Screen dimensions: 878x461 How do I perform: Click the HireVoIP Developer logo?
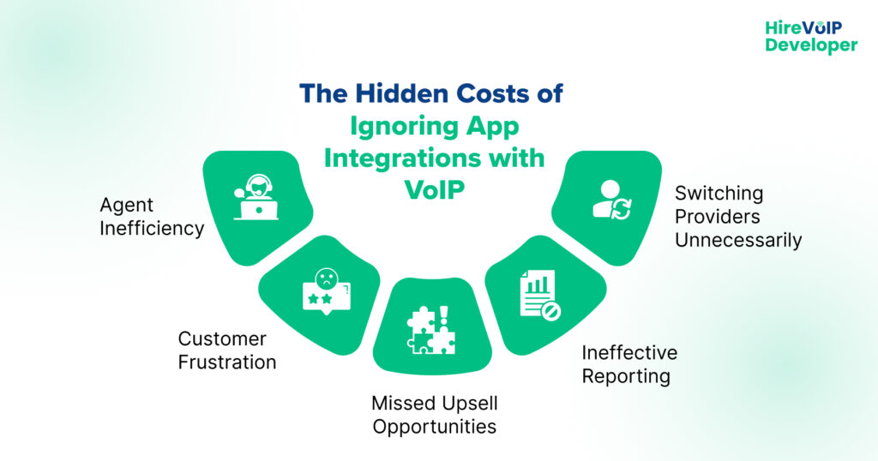coord(811,37)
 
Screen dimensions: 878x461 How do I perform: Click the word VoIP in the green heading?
coord(435,190)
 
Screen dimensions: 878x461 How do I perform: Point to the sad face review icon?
coord(327,292)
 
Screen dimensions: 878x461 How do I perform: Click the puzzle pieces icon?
coord(431,330)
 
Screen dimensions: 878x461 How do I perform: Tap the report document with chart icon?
coord(540,295)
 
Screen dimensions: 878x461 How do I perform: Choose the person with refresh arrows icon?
coord(612,200)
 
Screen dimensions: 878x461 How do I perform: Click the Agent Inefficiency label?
coord(152,217)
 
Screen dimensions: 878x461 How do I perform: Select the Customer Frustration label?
coord(226,350)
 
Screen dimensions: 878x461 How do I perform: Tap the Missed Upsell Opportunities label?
coord(435,415)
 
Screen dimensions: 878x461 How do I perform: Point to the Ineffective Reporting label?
coord(629,364)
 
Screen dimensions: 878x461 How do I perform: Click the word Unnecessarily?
coord(738,240)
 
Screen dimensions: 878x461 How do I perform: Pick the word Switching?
coord(719,194)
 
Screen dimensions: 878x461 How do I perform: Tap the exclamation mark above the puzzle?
coord(444,315)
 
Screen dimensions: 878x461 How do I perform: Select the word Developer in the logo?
coord(811,46)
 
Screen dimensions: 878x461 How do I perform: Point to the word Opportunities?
coord(435,427)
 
